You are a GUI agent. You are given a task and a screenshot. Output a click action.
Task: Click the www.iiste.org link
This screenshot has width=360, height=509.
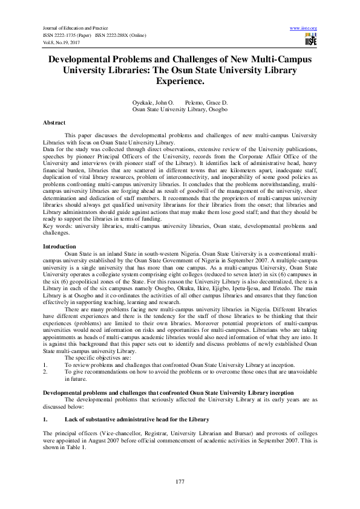tap(304, 28)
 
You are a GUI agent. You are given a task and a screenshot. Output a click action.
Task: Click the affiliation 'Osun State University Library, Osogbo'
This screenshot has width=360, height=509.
tap(180, 110)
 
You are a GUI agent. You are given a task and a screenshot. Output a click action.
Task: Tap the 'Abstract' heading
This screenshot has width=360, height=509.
tap(54, 123)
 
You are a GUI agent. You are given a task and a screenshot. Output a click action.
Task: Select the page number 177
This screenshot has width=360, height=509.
tap(180, 481)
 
